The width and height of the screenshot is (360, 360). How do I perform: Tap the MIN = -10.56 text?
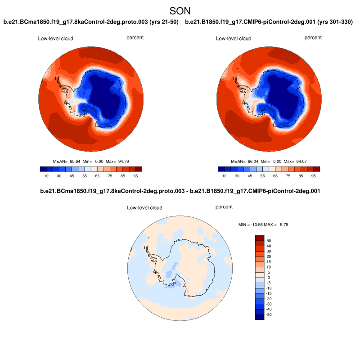pos(252,224)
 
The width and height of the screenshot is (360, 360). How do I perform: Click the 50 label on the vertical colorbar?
pos(269,241)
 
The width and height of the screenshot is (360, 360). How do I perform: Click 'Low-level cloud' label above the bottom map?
pos(144,208)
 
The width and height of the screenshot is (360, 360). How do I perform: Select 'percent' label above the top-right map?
pos(313,38)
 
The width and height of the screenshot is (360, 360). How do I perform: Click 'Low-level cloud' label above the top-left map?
pos(55,39)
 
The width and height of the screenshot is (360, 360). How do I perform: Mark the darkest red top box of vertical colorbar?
pos(260,238)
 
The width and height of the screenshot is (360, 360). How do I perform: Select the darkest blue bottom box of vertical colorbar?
pos(260,317)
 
